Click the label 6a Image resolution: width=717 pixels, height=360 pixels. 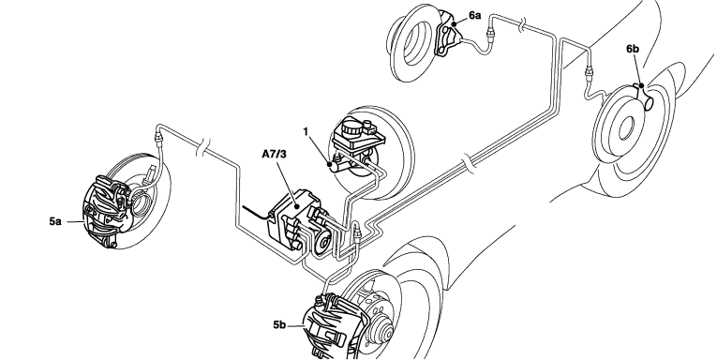[x=474, y=16]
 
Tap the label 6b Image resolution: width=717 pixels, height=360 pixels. [x=633, y=49]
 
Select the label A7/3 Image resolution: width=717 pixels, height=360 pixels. [x=274, y=154]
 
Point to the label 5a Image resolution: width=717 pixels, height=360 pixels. [x=55, y=221]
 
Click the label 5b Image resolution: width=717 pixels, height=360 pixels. [x=279, y=324]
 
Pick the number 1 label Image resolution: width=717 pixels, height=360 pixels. [x=306, y=132]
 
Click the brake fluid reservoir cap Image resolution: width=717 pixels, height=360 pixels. [x=351, y=125]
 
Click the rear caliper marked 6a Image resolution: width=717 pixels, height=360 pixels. [x=447, y=35]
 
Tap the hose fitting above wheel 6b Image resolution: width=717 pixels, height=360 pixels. [x=589, y=72]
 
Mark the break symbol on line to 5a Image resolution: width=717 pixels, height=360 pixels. [x=202, y=148]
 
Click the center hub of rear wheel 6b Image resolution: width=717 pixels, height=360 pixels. [x=626, y=127]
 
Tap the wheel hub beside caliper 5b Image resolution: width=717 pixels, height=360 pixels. [x=382, y=333]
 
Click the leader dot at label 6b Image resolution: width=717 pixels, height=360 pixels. [x=641, y=85]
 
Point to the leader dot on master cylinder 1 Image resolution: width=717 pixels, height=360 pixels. [x=329, y=163]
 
